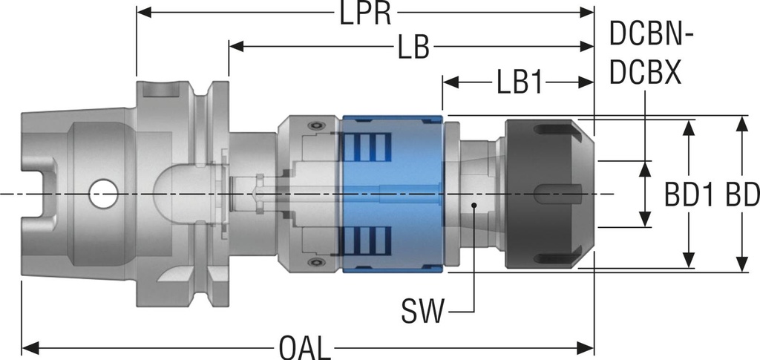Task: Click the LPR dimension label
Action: (x=366, y=14)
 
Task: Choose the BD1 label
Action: (x=689, y=195)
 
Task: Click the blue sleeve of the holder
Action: (x=391, y=194)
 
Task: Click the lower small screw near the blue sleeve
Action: (x=320, y=264)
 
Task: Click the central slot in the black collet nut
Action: (x=557, y=194)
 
